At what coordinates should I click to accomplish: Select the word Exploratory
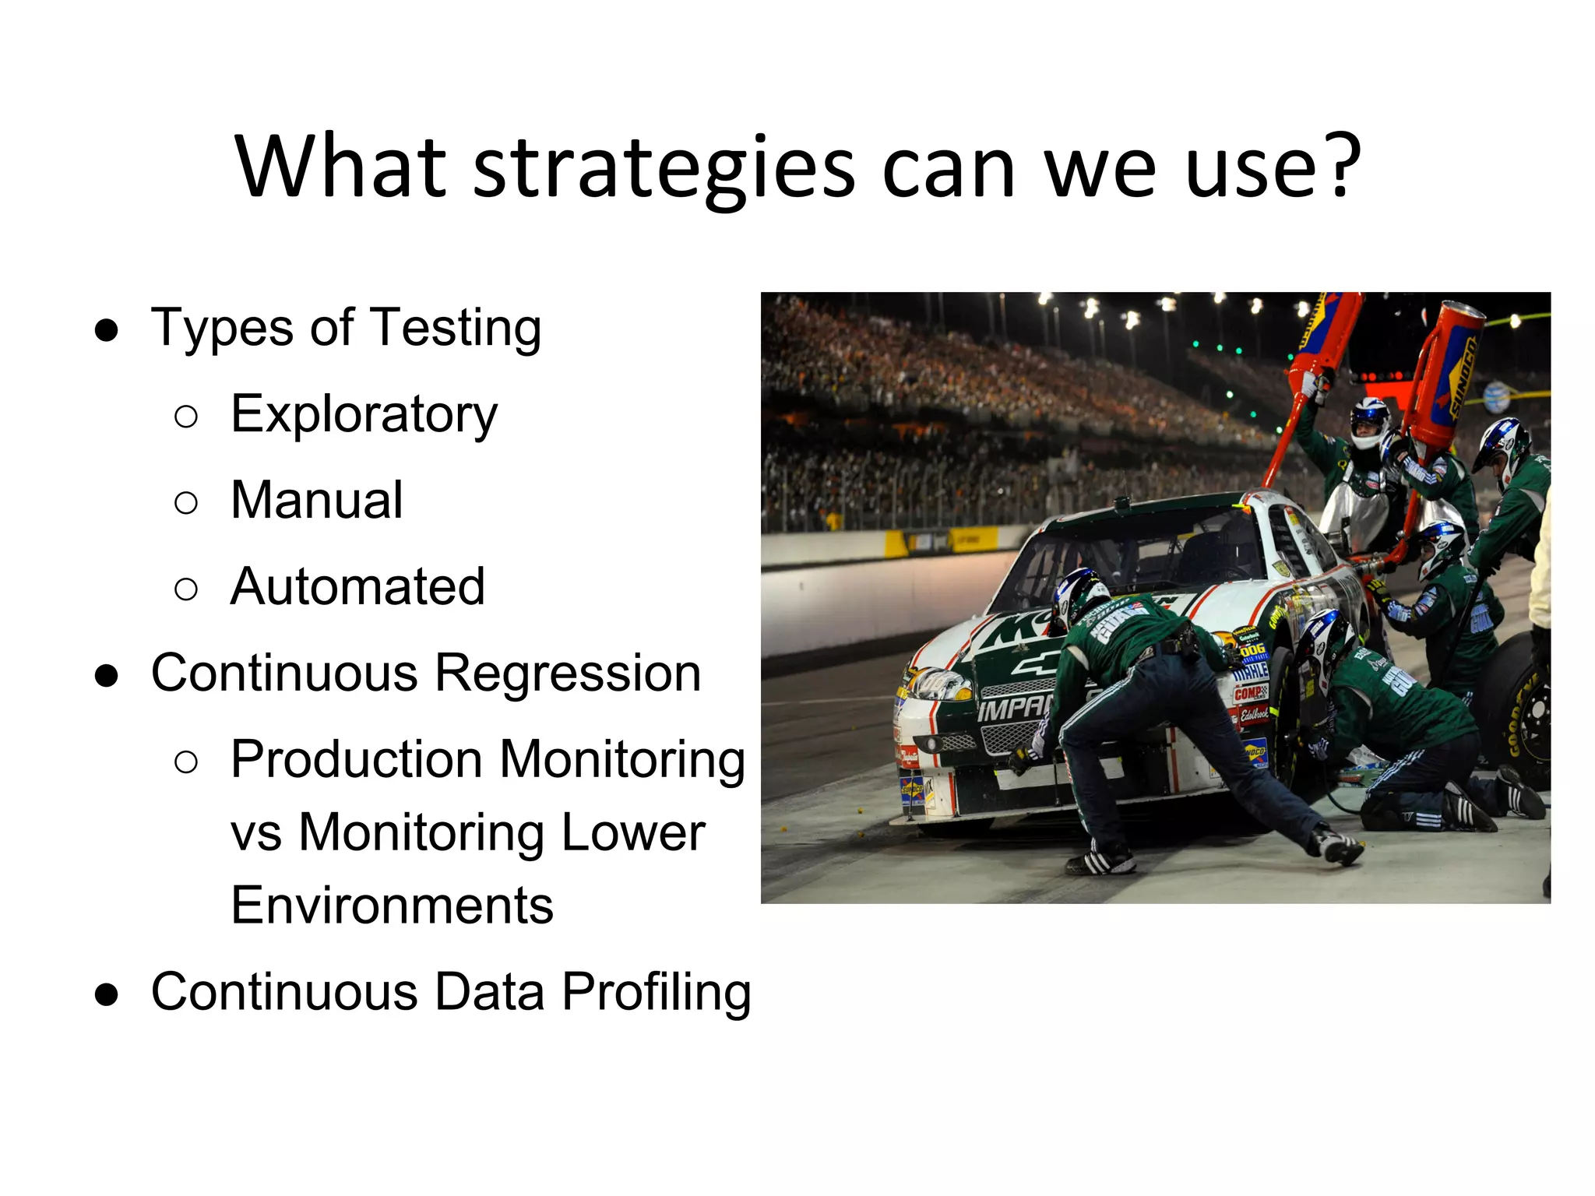coord(364,414)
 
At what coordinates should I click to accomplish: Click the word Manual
coord(317,500)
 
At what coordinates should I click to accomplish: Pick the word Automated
coord(357,586)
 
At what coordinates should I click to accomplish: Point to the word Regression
coord(568,673)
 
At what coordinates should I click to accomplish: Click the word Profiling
coord(657,992)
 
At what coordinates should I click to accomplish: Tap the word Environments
coord(392,906)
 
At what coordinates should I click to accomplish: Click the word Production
coord(357,759)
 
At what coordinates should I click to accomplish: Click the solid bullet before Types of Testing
coord(107,330)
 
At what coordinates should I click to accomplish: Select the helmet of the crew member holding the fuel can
coord(1370,420)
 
